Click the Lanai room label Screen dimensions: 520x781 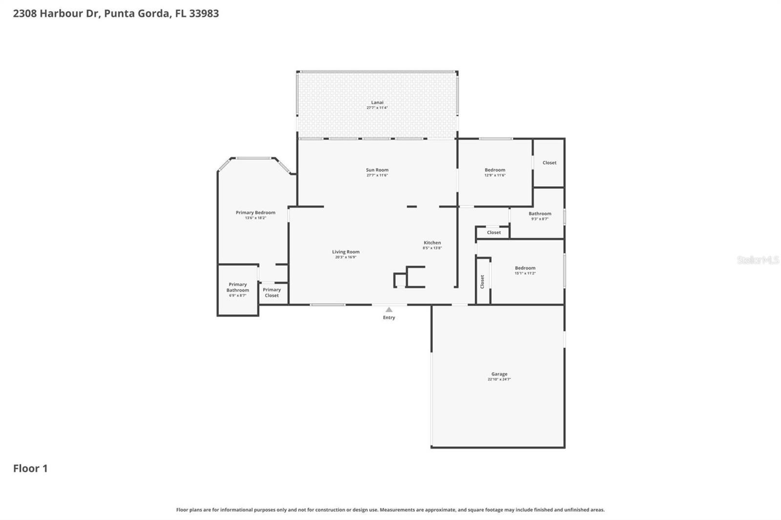(x=377, y=102)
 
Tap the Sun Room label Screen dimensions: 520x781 (x=377, y=170)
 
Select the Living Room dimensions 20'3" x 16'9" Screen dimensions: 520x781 (x=346, y=257)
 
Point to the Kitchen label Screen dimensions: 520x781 (x=432, y=242)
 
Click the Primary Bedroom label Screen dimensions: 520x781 (x=255, y=212)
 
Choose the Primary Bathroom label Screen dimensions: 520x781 (x=238, y=287)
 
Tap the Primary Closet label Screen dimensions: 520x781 (x=272, y=292)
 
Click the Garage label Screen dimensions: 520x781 (x=499, y=374)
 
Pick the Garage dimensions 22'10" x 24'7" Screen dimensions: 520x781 (x=499, y=380)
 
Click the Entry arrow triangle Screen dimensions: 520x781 (x=389, y=309)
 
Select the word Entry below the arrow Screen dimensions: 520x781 (x=389, y=318)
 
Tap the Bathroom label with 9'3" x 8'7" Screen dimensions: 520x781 (x=539, y=214)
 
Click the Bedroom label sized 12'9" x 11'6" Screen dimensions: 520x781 (x=494, y=170)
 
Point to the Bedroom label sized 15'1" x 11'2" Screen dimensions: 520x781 (x=525, y=268)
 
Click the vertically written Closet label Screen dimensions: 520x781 (x=482, y=281)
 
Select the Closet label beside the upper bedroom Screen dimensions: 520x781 (x=549, y=162)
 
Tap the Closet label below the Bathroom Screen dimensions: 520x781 (x=493, y=232)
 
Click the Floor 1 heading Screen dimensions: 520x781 (x=30, y=468)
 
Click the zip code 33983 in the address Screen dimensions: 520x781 (x=204, y=13)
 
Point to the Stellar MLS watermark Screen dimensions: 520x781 (x=758, y=260)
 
